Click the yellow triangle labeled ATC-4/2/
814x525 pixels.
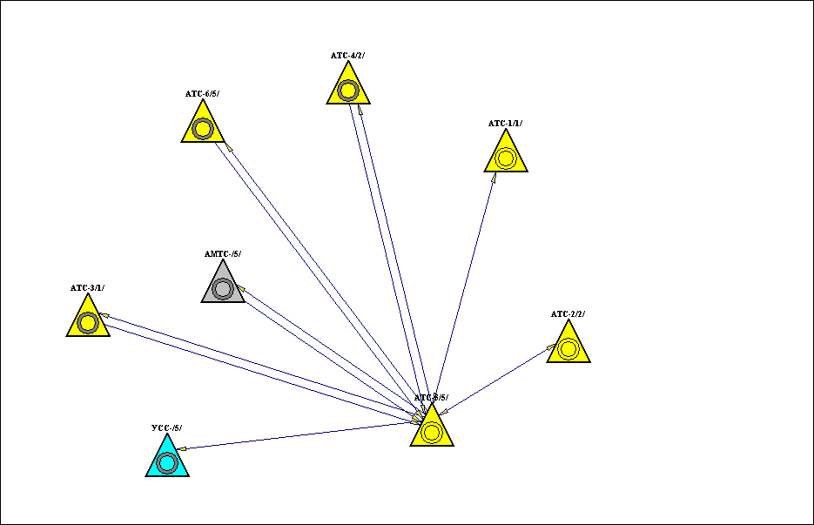(348, 88)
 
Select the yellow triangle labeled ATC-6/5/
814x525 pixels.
(203, 127)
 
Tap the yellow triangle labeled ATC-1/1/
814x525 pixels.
(506, 157)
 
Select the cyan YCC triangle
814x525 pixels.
(167, 461)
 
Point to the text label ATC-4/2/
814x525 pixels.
(347, 56)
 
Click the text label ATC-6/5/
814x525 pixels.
(202, 94)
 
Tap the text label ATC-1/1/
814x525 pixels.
(505, 124)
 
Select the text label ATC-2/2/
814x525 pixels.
(568, 313)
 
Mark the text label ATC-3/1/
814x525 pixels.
(87, 287)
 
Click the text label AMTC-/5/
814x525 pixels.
(222, 254)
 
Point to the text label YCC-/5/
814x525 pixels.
(166, 427)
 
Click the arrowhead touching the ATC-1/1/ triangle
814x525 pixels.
(494, 177)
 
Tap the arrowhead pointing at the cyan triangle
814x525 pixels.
(181, 448)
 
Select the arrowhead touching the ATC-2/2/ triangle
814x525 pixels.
(552, 347)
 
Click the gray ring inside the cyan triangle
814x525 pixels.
(167, 462)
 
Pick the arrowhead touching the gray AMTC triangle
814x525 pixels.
(241, 289)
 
